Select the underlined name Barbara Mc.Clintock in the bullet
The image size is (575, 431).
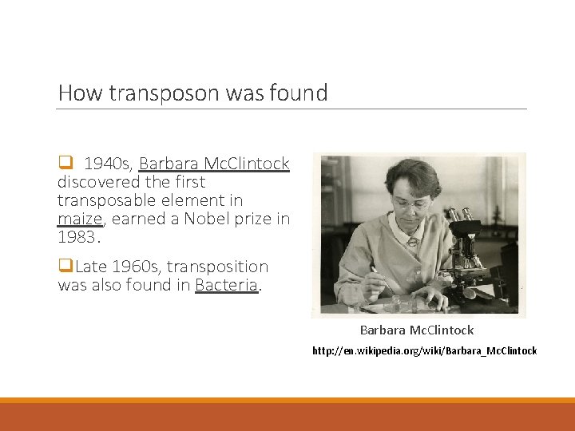click(x=214, y=164)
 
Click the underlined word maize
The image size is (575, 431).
click(x=80, y=219)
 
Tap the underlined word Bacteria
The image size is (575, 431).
click(x=227, y=285)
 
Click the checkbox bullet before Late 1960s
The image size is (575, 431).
click(x=64, y=266)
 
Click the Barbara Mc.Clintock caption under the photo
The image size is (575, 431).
click(x=416, y=330)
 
